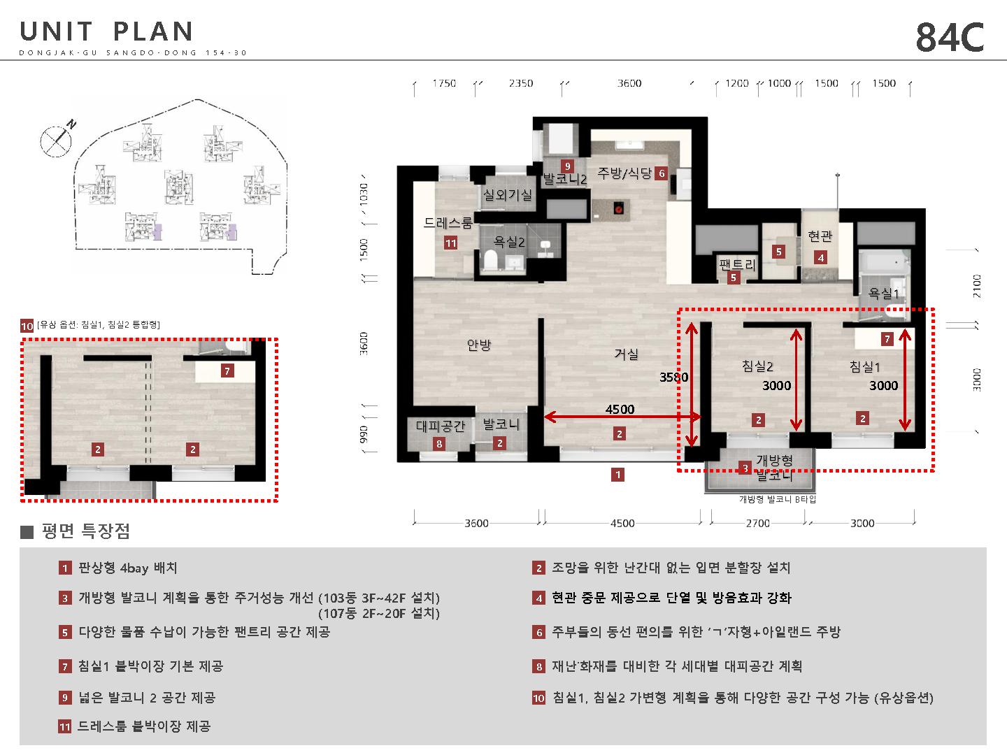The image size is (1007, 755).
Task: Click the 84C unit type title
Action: pos(950,37)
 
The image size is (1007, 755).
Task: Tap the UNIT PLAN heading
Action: pos(106,31)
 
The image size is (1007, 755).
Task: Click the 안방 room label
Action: pos(478,344)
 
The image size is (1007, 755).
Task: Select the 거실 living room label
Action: pos(626,354)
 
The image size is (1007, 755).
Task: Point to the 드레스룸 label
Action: pos(448,223)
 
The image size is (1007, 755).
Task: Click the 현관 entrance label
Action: pos(820,236)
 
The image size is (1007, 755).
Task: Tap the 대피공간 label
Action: pos(441,426)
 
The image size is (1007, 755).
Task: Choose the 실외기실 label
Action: pos(508,195)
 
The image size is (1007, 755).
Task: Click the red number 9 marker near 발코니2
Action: pos(568,166)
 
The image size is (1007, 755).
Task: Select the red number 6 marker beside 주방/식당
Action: pos(661,173)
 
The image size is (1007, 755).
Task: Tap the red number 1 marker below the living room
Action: pos(618,475)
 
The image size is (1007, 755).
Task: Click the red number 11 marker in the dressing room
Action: pos(450,243)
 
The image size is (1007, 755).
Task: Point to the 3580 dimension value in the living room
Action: pos(674,377)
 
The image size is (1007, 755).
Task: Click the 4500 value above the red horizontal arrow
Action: pos(620,410)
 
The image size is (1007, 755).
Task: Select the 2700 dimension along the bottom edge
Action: pos(758,523)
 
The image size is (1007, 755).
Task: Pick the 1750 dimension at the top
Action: pos(444,83)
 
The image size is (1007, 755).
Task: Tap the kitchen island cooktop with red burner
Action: pos(619,209)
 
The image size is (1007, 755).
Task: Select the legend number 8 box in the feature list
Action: pos(538,666)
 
